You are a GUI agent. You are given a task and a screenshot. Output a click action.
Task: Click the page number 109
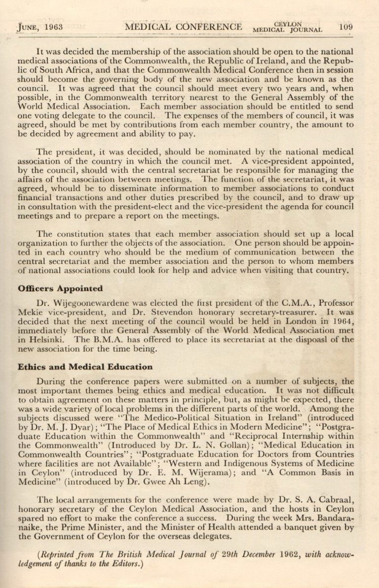[346, 27]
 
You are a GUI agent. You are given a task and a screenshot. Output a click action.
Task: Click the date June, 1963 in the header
[40, 27]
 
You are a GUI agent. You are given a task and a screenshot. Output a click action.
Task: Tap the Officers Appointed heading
[60, 289]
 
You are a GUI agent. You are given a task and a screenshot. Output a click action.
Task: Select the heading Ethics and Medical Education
[85, 367]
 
